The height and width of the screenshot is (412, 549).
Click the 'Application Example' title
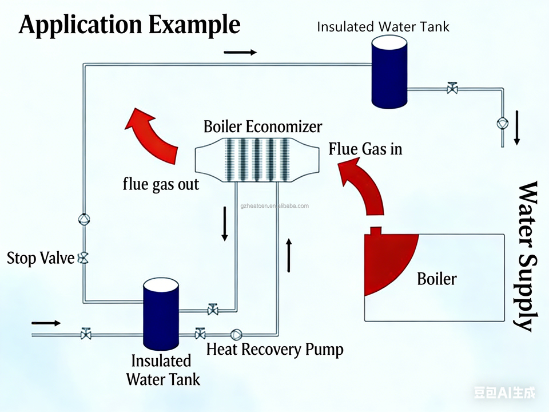(129, 25)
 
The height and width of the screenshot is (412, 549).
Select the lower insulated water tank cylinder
(161, 315)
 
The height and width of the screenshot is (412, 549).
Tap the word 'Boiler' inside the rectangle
(437, 279)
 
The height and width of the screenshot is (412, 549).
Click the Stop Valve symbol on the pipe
(83, 257)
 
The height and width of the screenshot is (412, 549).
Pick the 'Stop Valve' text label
(41, 258)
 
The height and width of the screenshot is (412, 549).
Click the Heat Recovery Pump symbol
(236, 334)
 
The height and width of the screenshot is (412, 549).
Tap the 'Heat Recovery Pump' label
(274, 348)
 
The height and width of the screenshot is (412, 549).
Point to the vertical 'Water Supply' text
(527, 256)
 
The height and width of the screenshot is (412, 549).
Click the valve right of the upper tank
(452, 89)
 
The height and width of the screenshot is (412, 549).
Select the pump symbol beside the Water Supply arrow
(502, 123)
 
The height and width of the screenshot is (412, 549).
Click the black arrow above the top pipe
(240, 52)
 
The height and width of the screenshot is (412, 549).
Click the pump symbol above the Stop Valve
(83, 219)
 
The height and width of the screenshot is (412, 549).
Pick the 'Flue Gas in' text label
(365, 149)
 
